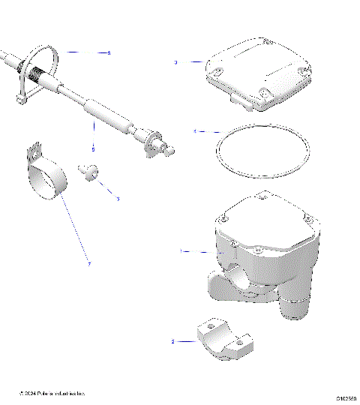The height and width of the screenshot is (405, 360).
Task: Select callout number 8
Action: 109,53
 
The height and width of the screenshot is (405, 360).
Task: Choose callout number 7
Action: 88,263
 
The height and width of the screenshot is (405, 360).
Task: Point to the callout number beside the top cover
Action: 175,63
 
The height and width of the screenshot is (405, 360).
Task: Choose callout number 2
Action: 173,342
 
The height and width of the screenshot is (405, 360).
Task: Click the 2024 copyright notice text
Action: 52,393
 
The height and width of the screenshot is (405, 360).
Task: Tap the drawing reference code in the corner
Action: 346,398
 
